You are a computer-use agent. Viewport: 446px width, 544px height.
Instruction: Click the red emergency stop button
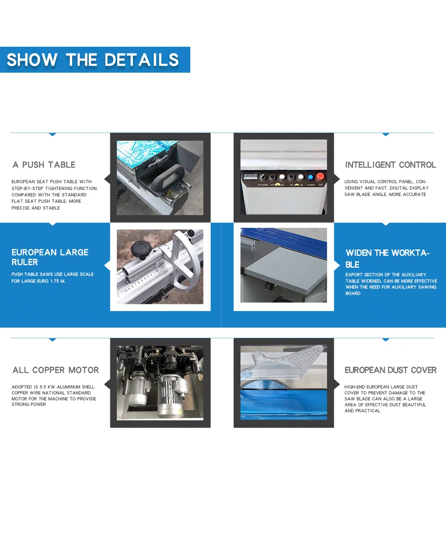point(320,176)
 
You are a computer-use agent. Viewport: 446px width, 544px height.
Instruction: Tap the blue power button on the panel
point(311,177)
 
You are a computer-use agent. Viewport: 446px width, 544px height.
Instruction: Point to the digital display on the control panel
point(251,176)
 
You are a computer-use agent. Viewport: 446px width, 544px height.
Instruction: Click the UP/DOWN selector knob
point(263,177)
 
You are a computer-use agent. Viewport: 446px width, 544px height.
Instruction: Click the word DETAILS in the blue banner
point(141,60)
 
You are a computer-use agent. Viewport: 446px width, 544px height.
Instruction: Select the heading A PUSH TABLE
point(44,164)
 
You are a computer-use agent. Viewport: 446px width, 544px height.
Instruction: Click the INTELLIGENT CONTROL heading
point(391,164)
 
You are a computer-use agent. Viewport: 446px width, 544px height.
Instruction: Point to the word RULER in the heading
point(25,262)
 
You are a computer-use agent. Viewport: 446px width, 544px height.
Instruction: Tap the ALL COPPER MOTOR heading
point(56,370)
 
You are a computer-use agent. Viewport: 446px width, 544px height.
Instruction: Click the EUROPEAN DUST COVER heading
point(391,370)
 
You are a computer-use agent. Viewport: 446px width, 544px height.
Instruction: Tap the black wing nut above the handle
point(156,162)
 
